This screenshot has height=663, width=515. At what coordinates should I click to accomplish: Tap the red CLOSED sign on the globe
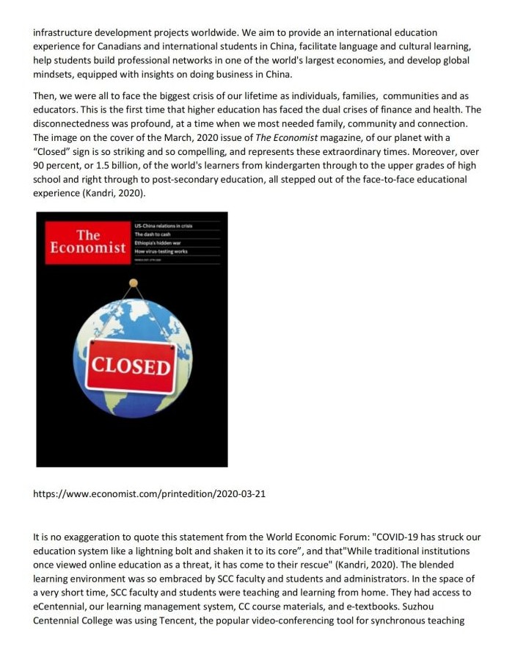(x=130, y=366)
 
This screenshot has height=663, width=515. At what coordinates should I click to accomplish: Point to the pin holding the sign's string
(x=133, y=283)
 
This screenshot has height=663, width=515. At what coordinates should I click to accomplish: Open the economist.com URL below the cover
(x=150, y=494)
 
